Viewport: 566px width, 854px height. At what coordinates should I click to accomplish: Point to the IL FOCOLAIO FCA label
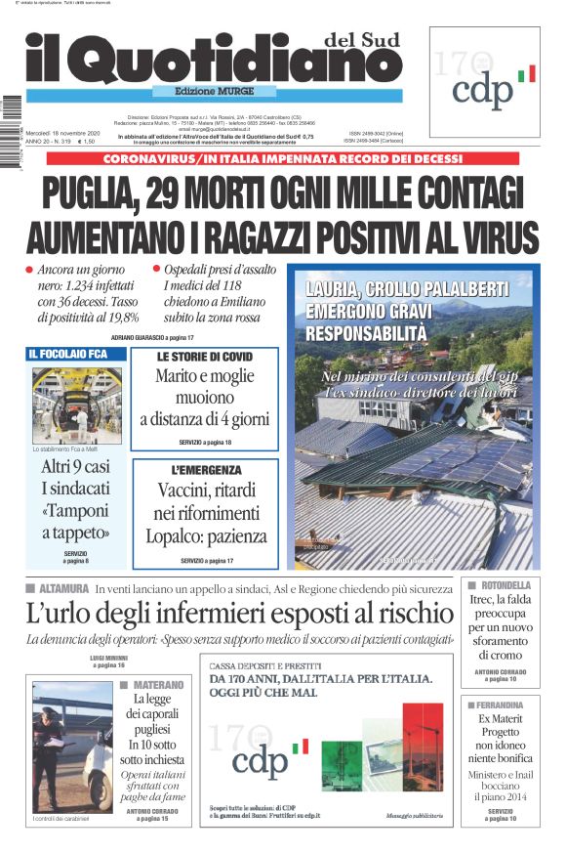(68, 354)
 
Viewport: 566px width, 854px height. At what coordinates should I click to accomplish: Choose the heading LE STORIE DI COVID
(204, 357)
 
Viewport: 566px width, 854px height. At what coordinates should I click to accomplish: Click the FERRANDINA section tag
(506, 705)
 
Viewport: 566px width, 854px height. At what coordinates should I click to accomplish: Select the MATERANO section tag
(157, 685)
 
